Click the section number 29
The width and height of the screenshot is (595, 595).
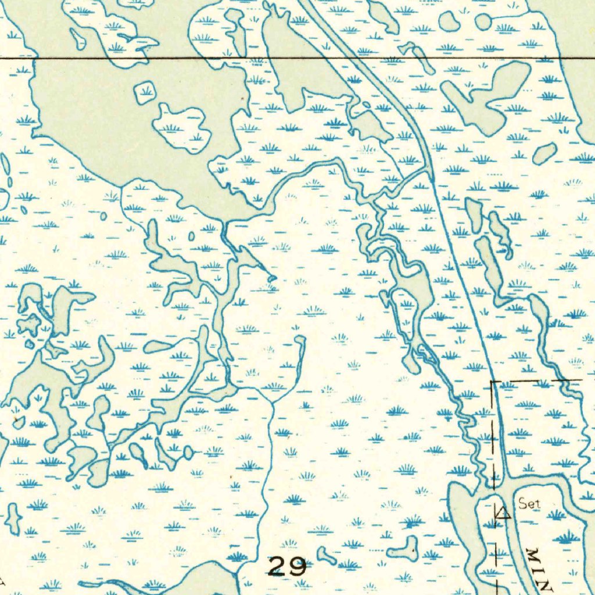[x=288, y=566]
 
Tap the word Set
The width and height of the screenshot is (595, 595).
[x=529, y=504]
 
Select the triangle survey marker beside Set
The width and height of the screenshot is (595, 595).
[x=501, y=512]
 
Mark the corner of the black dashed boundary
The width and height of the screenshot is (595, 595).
[x=492, y=382]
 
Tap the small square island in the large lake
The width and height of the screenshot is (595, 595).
[x=145, y=92]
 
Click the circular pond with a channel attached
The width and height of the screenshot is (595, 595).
[x=483, y=22]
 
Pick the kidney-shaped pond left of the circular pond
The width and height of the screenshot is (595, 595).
[x=449, y=21]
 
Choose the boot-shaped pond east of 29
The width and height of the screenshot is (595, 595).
[x=403, y=549]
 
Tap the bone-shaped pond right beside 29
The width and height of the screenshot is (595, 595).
[x=327, y=556]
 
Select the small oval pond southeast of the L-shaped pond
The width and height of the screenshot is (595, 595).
[x=544, y=153]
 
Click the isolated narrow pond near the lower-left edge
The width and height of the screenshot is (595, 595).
[x=13, y=519]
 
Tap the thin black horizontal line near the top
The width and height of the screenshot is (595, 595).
[x=174, y=59]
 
